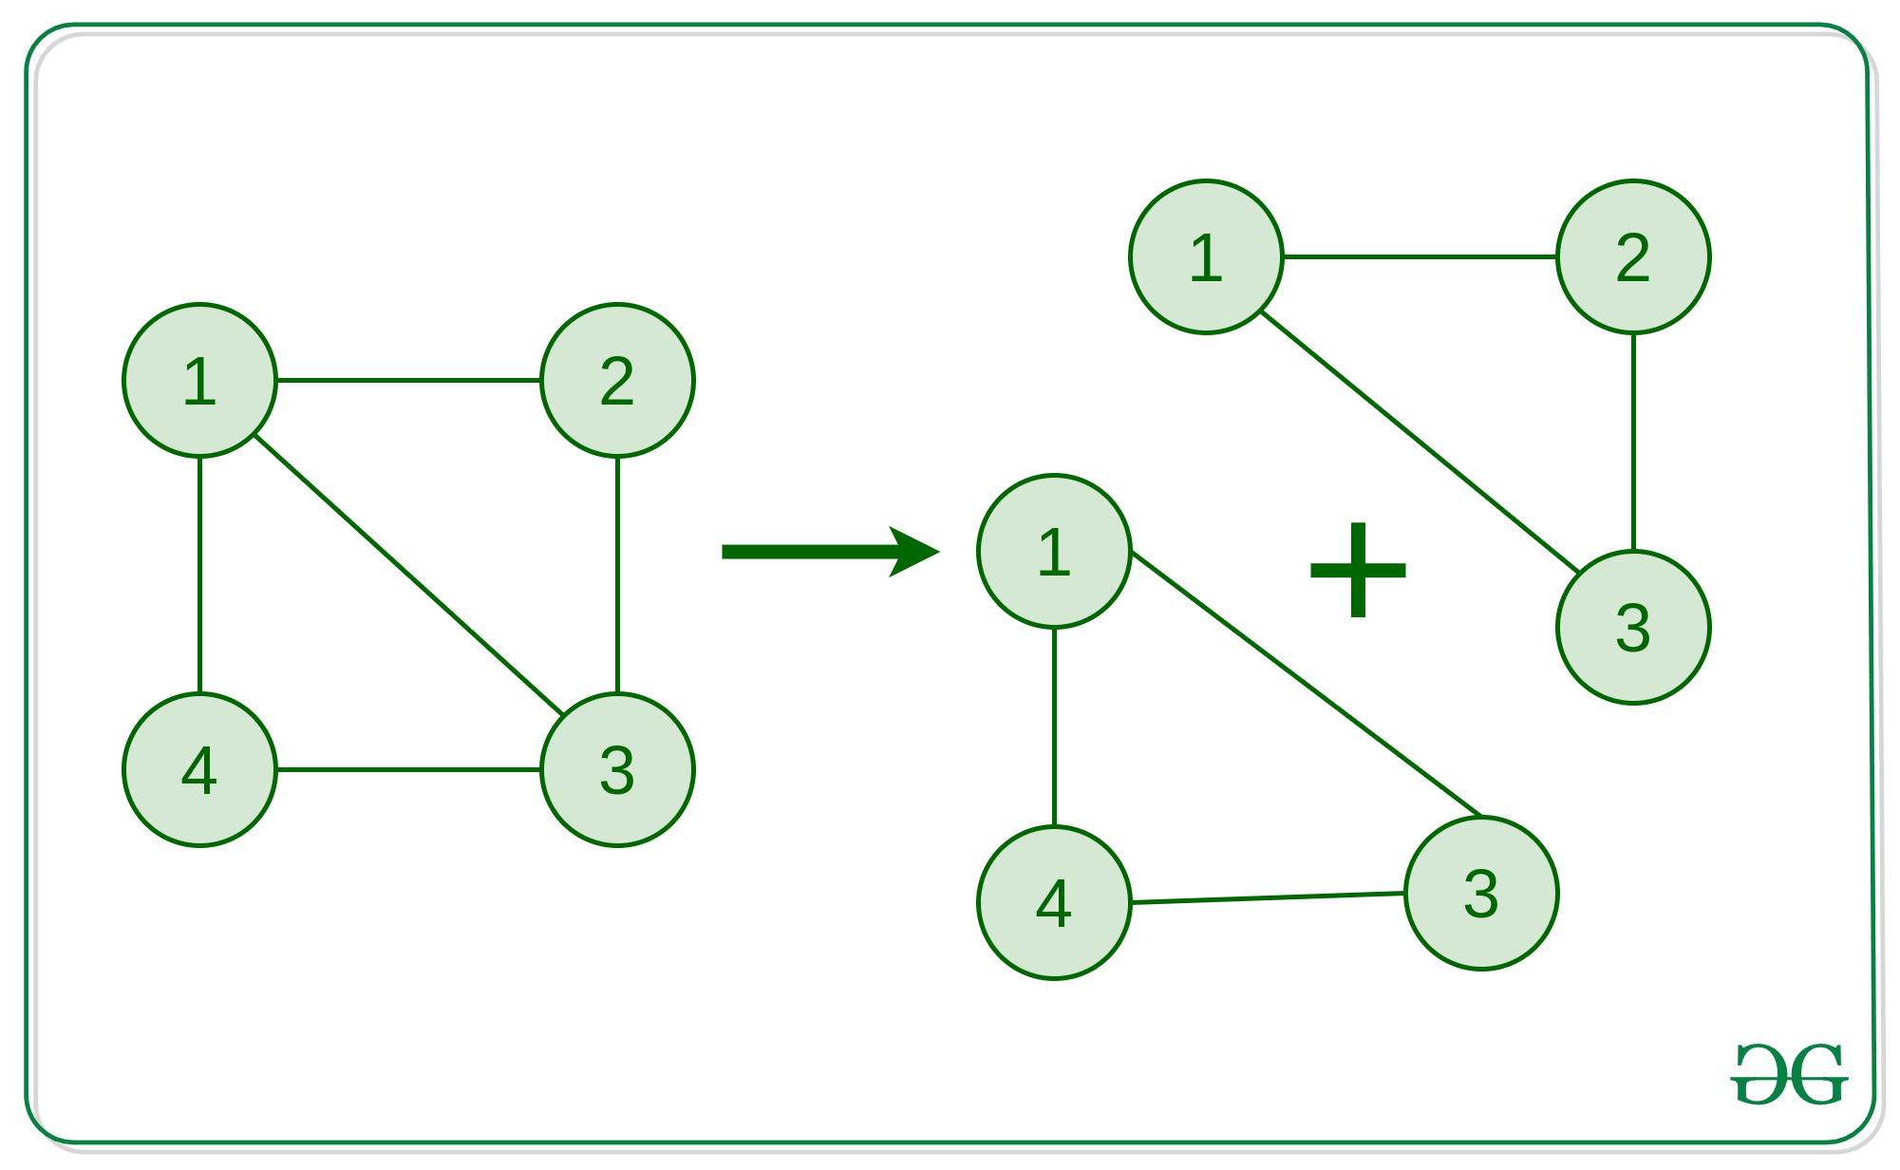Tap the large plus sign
[1358, 570]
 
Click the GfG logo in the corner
[1789, 1074]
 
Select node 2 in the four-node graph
[617, 381]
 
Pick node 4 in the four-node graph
[199, 770]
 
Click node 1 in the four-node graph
[199, 381]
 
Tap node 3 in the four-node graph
[617, 770]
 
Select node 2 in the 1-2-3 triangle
[1633, 257]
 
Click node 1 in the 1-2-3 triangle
[1206, 257]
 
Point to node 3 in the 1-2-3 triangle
[1633, 628]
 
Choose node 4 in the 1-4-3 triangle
[1054, 903]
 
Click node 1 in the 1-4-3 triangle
[1054, 552]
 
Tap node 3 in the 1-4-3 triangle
[1481, 894]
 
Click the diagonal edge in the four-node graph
[408, 575]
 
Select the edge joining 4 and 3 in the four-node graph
[408, 769]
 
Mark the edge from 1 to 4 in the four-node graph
[199, 575]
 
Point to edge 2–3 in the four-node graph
[617, 575]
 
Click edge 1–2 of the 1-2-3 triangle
[1420, 256]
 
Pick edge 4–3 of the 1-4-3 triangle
[1268, 897]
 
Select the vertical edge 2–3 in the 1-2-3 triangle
[1633, 442]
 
